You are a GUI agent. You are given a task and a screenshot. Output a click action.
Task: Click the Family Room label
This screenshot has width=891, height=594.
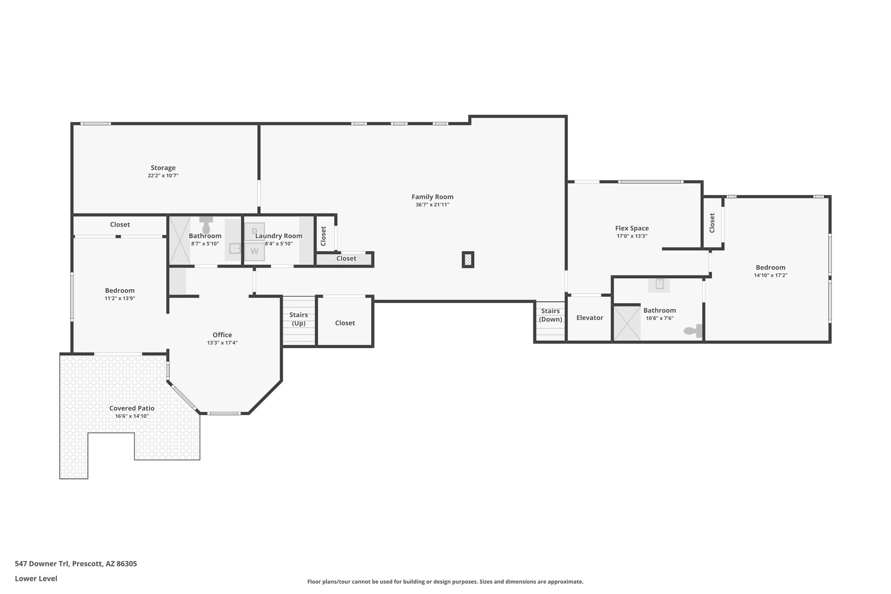(432, 197)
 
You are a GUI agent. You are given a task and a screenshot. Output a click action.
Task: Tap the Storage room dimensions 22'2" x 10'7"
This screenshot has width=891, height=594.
(163, 176)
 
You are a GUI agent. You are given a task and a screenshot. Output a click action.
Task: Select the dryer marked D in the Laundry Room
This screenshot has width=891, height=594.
(255, 232)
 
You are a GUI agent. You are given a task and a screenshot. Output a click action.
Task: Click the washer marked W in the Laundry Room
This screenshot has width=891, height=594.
(255, 252)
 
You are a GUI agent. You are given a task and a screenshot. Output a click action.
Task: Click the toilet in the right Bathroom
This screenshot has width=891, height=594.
(693, 331)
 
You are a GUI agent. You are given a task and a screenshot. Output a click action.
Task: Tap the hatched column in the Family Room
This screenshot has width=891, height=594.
(468, 260)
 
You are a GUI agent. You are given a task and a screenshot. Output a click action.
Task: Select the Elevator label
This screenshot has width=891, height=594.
(590, 318)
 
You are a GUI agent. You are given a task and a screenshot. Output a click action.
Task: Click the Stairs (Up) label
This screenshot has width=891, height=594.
(298, 319)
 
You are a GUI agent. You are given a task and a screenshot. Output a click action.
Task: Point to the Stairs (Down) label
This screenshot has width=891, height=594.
(550, 315)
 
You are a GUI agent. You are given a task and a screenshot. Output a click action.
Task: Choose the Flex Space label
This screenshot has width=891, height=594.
(632, 228)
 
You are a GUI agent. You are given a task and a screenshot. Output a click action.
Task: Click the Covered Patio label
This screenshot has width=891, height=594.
(132, 408)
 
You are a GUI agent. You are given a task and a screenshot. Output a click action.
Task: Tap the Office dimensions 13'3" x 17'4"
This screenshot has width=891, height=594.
(222, 343)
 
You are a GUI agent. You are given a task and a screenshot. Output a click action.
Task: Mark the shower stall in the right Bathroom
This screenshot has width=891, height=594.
(627, 323)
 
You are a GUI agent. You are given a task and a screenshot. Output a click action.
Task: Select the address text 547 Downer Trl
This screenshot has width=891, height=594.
(42, 564)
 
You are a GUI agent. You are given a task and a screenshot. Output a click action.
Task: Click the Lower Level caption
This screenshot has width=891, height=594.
(36, 579)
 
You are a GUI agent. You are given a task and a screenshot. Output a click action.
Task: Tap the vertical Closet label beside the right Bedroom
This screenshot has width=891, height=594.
(712, 223)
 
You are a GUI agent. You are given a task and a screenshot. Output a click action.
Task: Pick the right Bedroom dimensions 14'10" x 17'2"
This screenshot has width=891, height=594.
(770, 275)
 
